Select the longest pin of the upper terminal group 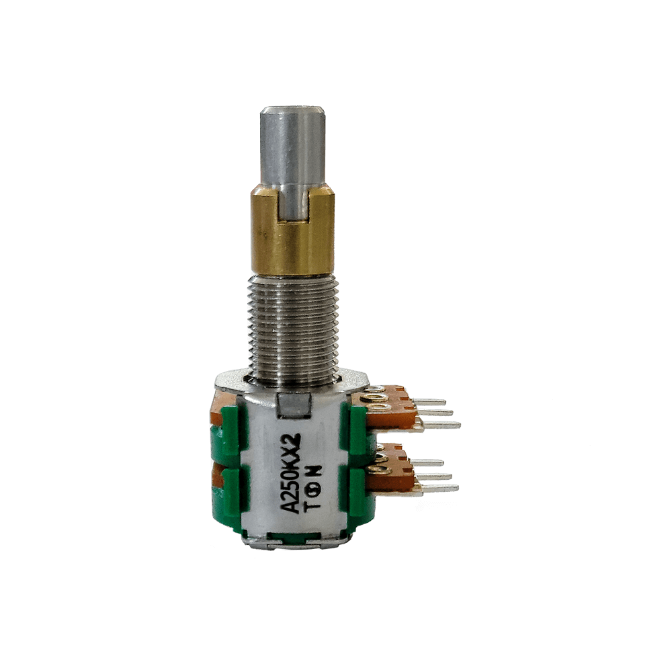click(x=438, y=425)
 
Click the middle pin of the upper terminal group click(x=432, y=413)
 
